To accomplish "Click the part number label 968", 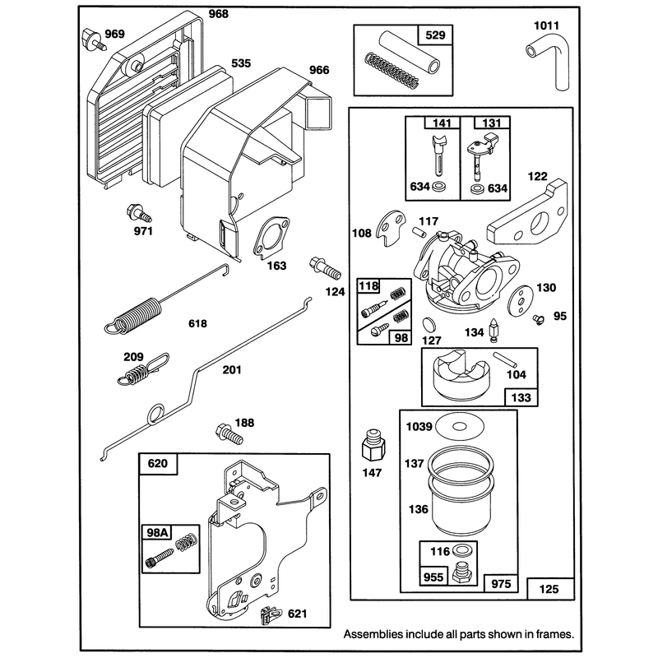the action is [x=219, y=14].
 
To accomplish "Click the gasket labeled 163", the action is [x=271, y=238].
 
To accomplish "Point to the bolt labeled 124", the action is [x=325, y=269].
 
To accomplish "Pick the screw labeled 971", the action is [x=138, y=213].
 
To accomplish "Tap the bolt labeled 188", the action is [x=229, y=434].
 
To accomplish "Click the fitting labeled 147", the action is [x=373, y=445].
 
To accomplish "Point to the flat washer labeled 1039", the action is [x=460, y=427].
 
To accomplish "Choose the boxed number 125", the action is [x=549, y=589].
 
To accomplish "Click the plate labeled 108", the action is [x=390, y=229].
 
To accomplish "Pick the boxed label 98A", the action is [x=157, y=532].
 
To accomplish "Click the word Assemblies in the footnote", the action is [x=373, y=634].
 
